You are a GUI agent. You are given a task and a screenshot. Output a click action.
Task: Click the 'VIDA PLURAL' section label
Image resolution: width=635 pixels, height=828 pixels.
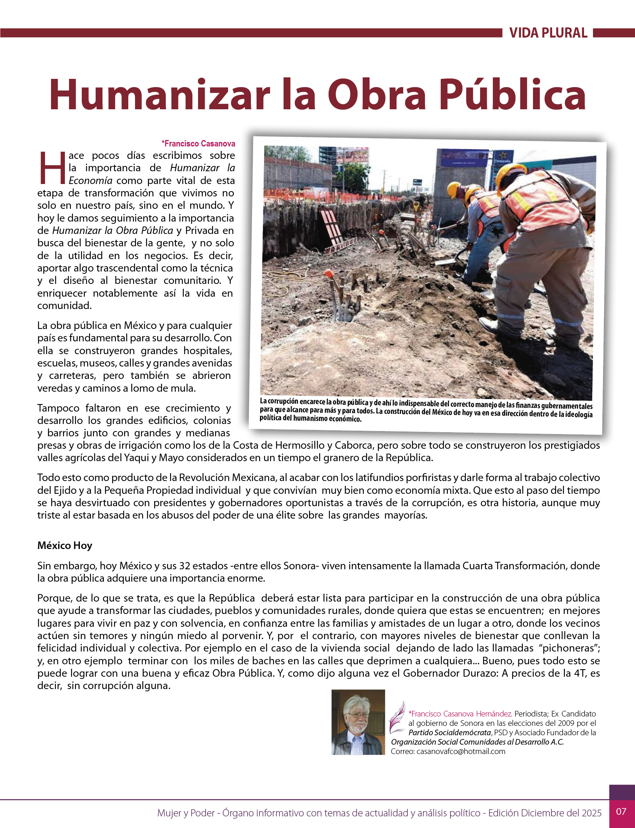pos(548,33)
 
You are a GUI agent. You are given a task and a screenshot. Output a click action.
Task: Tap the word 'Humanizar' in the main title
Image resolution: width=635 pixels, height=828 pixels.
pos(159,95)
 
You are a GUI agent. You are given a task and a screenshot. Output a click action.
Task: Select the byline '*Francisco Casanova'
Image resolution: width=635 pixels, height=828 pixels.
pos(198,144)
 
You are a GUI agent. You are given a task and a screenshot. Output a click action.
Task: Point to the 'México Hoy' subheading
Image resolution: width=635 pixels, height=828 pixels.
pos(65,545)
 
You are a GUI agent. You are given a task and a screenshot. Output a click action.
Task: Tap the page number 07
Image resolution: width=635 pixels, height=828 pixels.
pos(621,811)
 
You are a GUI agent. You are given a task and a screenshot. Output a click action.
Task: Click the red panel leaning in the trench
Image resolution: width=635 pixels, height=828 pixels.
pos(333,227)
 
